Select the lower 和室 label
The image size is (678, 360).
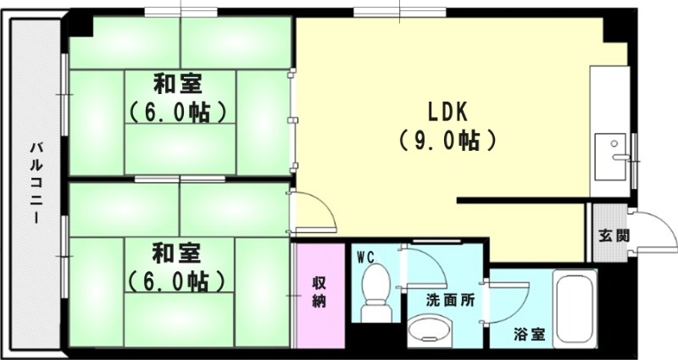177,252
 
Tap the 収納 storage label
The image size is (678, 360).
320,291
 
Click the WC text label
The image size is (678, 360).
365,255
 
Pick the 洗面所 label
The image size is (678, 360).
449,299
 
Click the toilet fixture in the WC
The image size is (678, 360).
375,292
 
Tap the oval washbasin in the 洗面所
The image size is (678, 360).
428,330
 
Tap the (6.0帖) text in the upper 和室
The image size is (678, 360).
177,111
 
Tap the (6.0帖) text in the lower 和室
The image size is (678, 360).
177,280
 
